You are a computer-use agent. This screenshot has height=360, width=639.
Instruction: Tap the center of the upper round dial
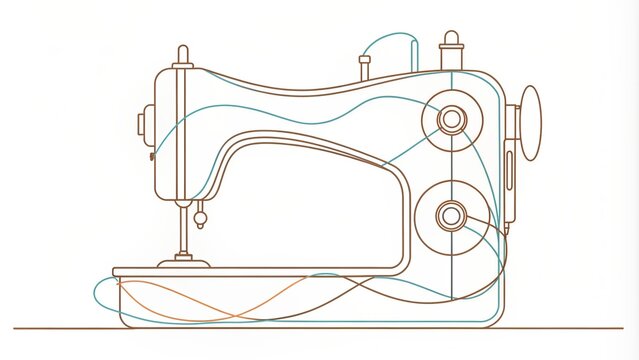[x=452, y=121]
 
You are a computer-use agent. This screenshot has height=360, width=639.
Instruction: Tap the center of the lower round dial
[x=452, y=213]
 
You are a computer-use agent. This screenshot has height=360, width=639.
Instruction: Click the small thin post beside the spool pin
[x=365, y=67]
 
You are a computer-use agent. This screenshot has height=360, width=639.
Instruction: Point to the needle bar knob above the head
[x=182, y=55]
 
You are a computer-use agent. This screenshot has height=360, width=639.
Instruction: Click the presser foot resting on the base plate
[x=184, y=262]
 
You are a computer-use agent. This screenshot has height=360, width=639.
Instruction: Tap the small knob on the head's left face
[x=142, y=124]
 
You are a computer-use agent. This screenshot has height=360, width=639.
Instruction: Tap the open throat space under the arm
[x=310, y=210]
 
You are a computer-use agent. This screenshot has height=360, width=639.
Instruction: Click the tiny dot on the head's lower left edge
[x=151, y=156]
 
